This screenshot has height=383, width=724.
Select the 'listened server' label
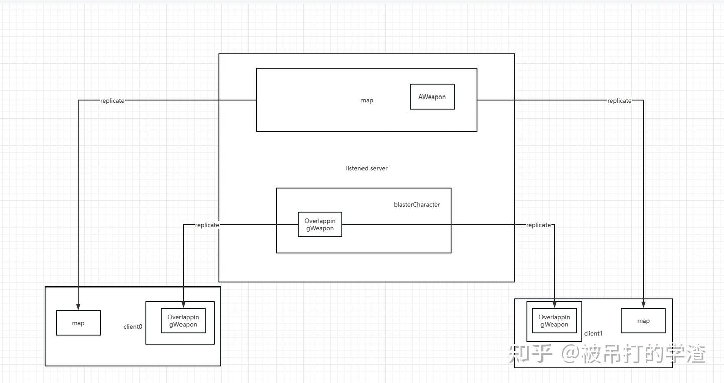[x=367, y=168]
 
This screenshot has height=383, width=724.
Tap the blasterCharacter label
[x=417, y=204]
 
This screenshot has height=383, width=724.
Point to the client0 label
[x=133, y=327]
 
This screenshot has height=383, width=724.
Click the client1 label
[x=593, y=334]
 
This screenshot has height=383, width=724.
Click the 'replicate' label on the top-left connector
[x=112, y=101]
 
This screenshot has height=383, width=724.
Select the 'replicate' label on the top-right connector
[x=619, y=101]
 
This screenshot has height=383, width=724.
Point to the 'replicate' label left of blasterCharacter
[x=207, y=225]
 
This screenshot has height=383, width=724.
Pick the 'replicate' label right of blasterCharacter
[x=538, y=225]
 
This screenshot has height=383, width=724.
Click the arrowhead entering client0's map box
[x=78, y=307]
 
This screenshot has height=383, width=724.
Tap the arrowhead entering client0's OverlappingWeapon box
[x=183, y=305]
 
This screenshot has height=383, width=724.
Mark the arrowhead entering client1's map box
[x=643, y=305]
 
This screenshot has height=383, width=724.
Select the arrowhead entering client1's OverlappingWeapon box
[x=554, y=305]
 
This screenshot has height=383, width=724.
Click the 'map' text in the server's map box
[x=367, y=100]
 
